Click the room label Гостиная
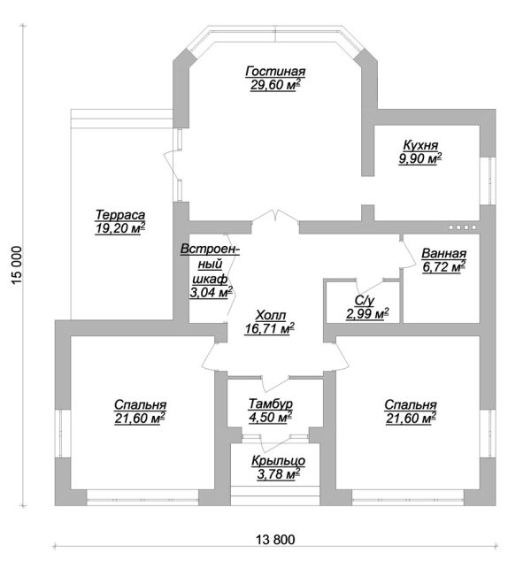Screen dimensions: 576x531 (x=275, y=72)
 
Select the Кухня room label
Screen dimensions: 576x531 (x=420, y=145)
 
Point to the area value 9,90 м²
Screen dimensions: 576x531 (x=420, y=158)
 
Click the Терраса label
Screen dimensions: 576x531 (x=120, y=215)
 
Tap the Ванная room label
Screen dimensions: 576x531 (x=443, y=251)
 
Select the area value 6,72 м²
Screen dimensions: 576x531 (x=443, y=265)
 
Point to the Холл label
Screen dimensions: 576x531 (x=270, y=315)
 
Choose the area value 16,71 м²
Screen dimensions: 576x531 (x=270, y=328)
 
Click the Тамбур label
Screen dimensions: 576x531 (x=270, y=404)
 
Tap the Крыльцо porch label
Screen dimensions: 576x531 (x=279, y=461)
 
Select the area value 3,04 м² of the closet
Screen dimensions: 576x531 (x=211, y=291)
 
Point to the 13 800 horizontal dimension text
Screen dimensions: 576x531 (x=272, y=540)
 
